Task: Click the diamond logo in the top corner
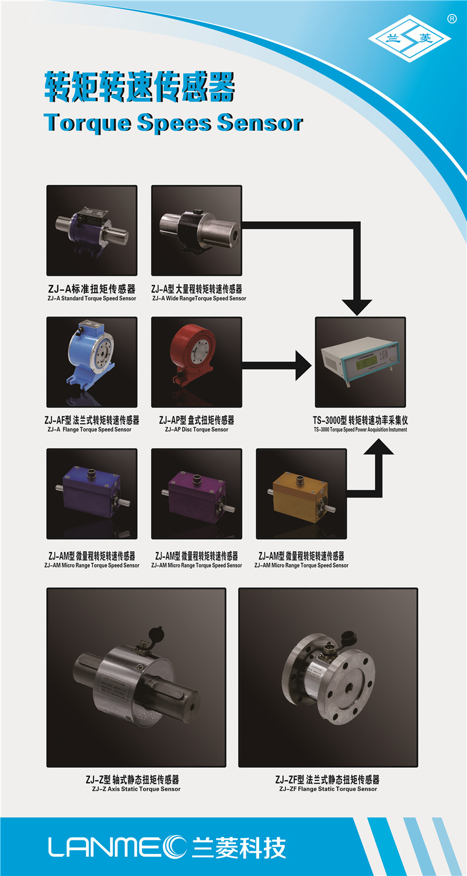[x=409, y=39]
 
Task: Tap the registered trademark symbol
[x=452, y=19]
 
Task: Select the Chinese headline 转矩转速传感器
[x=140, y=86]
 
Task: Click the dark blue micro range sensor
[x=92, y=495]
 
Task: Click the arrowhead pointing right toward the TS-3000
[x=304, y=365]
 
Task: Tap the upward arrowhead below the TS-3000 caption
[x=378, y=446]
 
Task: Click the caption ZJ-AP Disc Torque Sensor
[x=197, y=429]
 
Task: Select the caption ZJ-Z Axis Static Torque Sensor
[x=137, y=789]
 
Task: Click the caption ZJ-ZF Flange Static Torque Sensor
[x=328, y=789]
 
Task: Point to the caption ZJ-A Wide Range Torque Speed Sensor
[x=199, y=298]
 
